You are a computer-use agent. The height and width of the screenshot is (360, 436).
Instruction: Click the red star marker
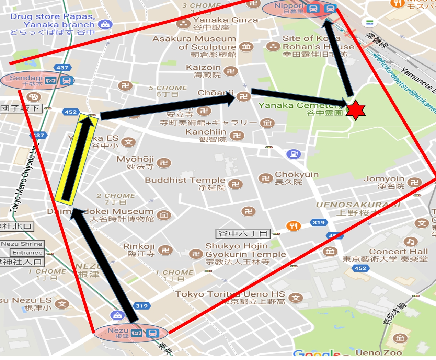pyautogui.click(x=355, y=110)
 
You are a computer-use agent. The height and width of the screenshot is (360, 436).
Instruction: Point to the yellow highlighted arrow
pyautogui.click(x=76, y=158)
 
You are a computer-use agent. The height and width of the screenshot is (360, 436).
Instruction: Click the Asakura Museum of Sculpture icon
pyautogui.click(x=246, y=47)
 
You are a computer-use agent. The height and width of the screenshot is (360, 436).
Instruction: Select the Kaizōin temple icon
pyautogui.click(x=230, y=71)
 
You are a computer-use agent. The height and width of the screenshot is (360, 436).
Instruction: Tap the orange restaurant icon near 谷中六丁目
pyautogui.click(x=294, y=226)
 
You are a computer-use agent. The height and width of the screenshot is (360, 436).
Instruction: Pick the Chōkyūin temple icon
pyautogui.click(x=265, y=178)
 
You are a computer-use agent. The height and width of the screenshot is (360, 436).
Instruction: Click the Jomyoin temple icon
pyautogui.click(x=414, y=182)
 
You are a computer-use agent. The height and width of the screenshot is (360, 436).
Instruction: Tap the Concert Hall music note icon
pyautogui.click(x=410, y=242)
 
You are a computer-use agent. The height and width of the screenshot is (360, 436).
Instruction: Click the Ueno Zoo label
pyautogui.click(x=379, y=352)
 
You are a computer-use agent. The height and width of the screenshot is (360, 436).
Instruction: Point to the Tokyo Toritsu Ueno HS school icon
pyautogui.click(x=296, y=298)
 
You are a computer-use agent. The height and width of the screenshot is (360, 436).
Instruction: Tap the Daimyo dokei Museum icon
pyautogui.click(x=164, y=215)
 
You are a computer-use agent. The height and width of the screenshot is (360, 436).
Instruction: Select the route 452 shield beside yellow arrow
pyautogui.click(x=71, y=112)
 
